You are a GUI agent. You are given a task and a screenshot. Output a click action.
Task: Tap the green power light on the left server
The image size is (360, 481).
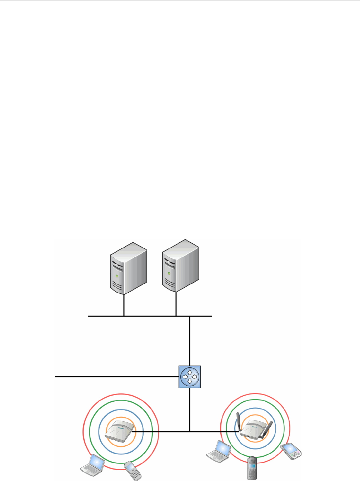coord(117,276)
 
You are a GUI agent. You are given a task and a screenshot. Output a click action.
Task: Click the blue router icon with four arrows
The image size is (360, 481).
coord(190,377)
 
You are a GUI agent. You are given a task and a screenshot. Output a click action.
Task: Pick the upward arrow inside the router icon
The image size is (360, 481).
coord(190,372)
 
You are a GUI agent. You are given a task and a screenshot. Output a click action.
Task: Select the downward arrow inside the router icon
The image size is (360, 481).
coord(190,381)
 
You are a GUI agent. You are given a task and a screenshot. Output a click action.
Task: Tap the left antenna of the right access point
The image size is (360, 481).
coord(238,422)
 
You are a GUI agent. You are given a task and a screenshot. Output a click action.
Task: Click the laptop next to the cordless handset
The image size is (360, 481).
coord(219,450)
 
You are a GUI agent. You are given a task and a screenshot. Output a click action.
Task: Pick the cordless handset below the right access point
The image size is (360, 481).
coord(252,467)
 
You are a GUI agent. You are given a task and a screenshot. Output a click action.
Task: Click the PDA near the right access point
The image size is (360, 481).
coord(292,450)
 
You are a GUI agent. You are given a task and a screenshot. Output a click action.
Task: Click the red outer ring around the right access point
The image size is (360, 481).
coord(255,394)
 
